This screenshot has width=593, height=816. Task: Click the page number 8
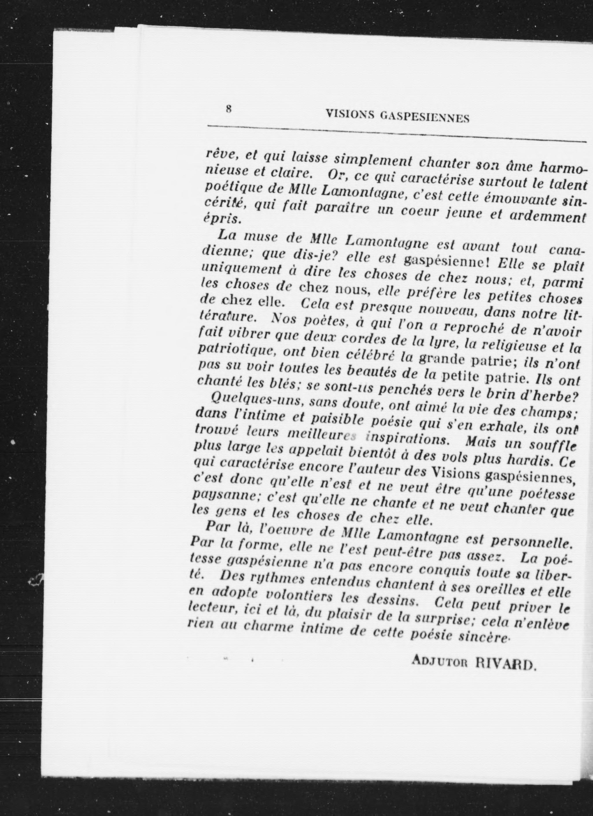pos(228,109)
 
